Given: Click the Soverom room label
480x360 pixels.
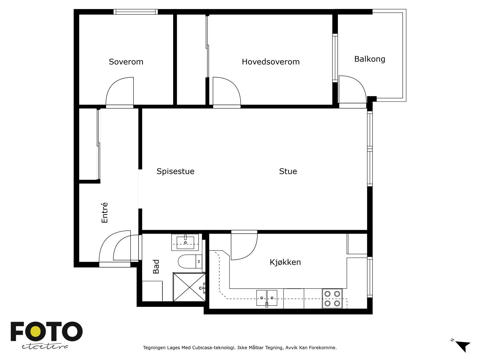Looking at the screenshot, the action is [126, 62].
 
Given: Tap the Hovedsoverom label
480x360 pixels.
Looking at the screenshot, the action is [271, 62].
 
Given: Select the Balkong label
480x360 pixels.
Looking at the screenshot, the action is [370, 59].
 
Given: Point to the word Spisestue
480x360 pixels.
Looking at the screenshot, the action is [175, 172].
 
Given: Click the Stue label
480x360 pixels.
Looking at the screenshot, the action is [288, 171].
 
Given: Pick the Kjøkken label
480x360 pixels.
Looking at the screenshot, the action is [285, 262].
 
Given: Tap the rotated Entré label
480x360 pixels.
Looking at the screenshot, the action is [105, 212].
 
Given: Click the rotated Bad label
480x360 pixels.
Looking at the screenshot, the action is [156, 266].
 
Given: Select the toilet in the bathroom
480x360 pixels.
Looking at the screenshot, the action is [190, 261].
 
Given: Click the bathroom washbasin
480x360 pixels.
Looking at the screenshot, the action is [185, 242].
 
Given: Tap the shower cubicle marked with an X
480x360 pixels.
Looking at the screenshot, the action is [189, 287].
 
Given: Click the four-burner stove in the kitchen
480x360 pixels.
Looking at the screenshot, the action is [332, 298].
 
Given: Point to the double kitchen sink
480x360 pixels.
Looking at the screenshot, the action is [267, 298].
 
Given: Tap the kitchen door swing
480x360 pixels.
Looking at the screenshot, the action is [244, 245].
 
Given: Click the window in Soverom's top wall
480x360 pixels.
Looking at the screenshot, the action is [136, 12].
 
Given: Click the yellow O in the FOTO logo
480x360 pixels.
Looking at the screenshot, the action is [36, 331].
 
